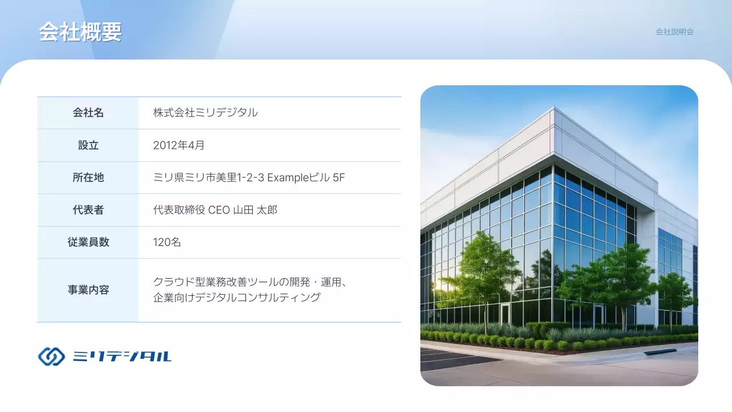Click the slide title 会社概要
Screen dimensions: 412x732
(80, 32)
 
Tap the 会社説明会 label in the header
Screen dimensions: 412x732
(674, 32)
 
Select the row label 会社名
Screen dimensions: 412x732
(88, 113)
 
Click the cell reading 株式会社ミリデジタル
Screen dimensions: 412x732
(205, 113)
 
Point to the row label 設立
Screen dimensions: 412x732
(88, 145)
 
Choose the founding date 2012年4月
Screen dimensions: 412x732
(178, 145)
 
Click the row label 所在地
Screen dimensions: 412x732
(88, 177)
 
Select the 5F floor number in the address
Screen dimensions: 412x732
(339, 177)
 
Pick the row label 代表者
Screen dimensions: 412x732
(88, 210)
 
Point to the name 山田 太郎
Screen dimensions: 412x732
(255, 210)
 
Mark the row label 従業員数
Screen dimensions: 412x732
(88, 242)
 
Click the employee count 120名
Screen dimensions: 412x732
(167, 242)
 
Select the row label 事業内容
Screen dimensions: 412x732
(88, 290)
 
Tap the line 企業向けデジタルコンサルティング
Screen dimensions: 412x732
(237, 298)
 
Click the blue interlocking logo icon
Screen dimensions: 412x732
(51, 356)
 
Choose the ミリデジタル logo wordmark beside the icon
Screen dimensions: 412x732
(122, 356)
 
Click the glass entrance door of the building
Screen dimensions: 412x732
(505, 314)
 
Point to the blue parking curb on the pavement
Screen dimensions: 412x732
(660, 352)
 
